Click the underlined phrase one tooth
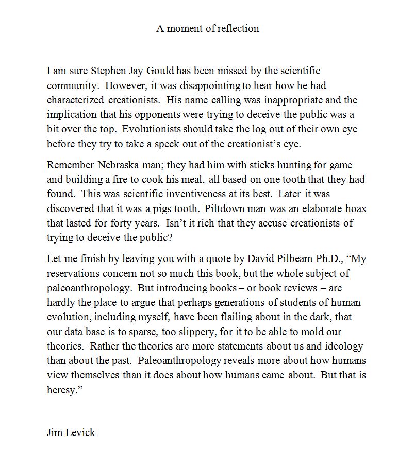click(x=285, y=180)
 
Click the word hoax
click(x=356, y=209)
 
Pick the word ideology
click(x=344, y=346)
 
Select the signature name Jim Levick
click(x=71, y=432)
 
